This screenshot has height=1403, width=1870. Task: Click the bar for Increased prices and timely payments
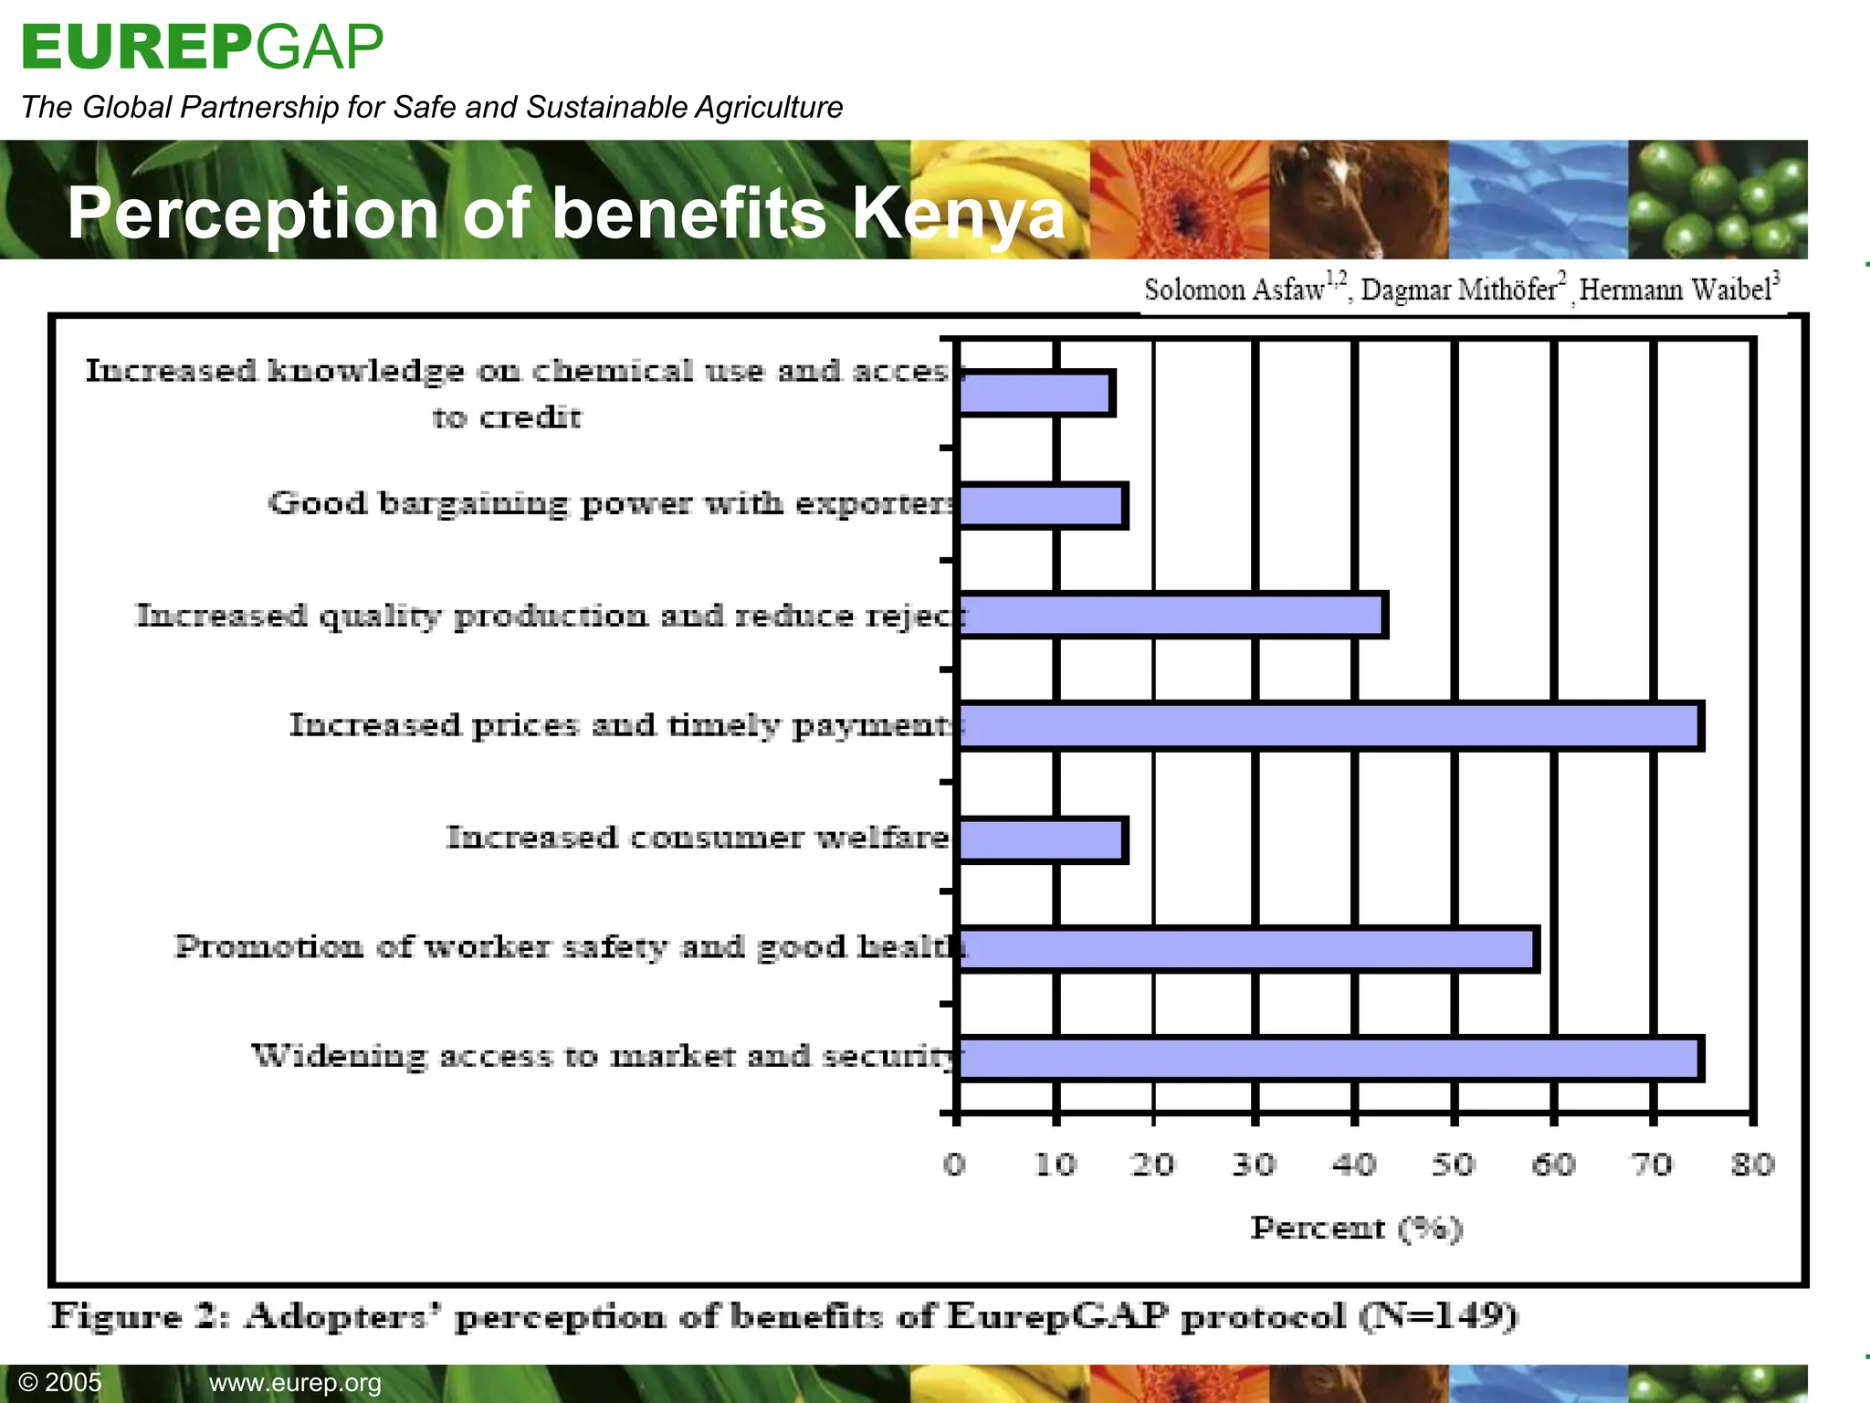pos(1329,727)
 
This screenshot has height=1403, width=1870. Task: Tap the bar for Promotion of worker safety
pos(1246,949)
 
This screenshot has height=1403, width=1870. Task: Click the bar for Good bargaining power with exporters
pos(1041,506)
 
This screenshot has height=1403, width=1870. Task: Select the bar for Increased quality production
pos(1171,615)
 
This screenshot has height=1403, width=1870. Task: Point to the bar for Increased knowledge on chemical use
pos(1035,394)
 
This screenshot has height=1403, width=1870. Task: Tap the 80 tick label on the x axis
pos(1752,1165)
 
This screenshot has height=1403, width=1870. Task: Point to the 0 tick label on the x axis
pos(954,1165)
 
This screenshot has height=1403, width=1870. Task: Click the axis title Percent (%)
pos(1357,1229)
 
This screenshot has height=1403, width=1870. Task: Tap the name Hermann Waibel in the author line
pos(1676,290)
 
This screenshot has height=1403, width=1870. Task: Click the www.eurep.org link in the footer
pos(295,1383)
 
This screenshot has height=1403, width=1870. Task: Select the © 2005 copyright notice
pos(60,1382)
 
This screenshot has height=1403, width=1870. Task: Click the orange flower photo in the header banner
pos(1179,200)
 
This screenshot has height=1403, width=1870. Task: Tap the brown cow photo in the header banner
pos(1358,200)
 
